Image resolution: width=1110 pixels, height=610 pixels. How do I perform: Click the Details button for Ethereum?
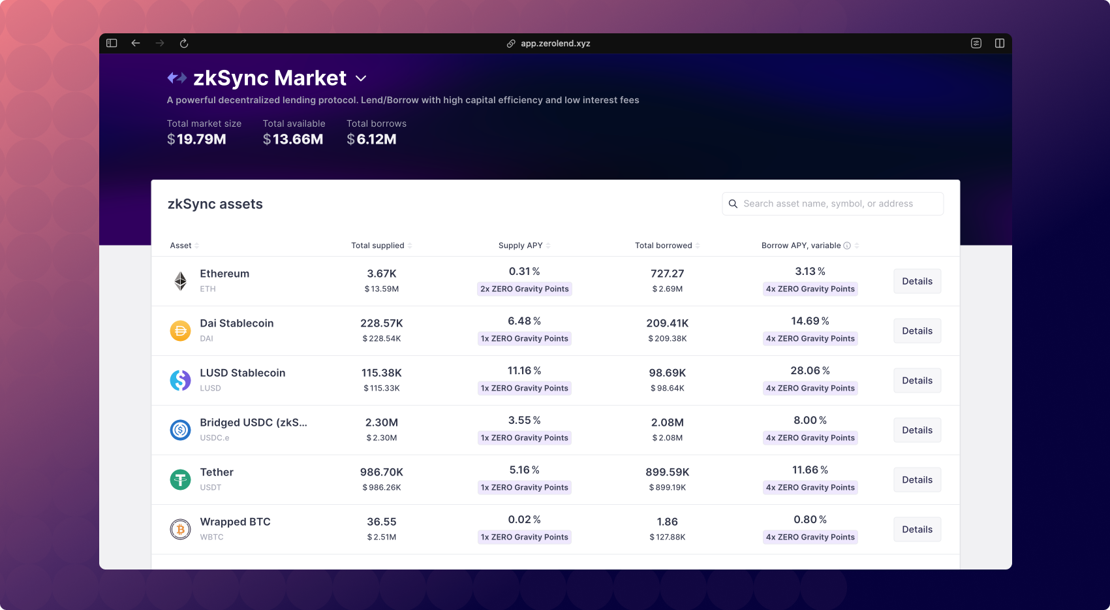917,281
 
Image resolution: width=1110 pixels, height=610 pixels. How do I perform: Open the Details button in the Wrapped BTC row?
917,530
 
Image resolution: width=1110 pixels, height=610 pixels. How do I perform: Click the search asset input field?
833,204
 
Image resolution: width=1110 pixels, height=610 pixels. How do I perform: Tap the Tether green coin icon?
180,480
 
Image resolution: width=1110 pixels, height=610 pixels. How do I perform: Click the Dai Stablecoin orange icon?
180,331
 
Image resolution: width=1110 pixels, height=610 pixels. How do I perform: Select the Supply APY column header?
521,246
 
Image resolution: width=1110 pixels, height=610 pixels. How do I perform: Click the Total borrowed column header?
664,246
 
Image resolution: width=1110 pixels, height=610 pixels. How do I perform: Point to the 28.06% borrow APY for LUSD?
810,371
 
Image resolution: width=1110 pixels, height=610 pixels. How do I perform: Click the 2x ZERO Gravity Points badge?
525,289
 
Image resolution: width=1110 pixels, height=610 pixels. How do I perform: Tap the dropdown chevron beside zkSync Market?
361,78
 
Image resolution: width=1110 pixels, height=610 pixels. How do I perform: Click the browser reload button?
184,44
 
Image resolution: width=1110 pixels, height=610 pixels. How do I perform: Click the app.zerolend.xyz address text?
555,44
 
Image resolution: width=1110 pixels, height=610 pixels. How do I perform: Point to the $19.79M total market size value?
196,139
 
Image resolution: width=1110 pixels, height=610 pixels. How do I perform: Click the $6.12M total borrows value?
371,139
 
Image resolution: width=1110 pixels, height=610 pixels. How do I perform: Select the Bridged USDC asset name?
253,423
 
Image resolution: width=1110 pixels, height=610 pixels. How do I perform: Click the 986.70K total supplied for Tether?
382,472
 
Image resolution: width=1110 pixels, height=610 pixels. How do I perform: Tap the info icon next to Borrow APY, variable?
847,246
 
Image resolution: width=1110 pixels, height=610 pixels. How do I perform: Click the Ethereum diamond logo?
180,281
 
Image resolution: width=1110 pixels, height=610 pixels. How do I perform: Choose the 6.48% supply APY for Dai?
524,321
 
